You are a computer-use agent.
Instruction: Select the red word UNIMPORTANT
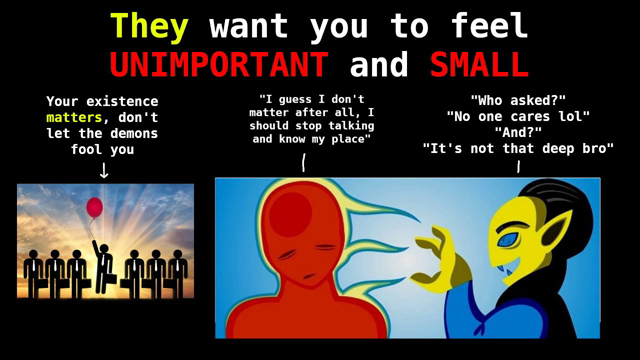[218, 65]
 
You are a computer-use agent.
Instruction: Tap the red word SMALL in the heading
[479, 65]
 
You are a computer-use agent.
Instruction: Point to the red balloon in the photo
[94, 207]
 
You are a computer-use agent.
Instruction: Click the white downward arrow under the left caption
[103, 169]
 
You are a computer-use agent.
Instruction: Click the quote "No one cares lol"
[517, 116]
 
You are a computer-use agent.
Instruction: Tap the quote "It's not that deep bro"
[517, 148]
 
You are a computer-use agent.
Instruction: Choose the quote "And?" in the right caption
[517, 132]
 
